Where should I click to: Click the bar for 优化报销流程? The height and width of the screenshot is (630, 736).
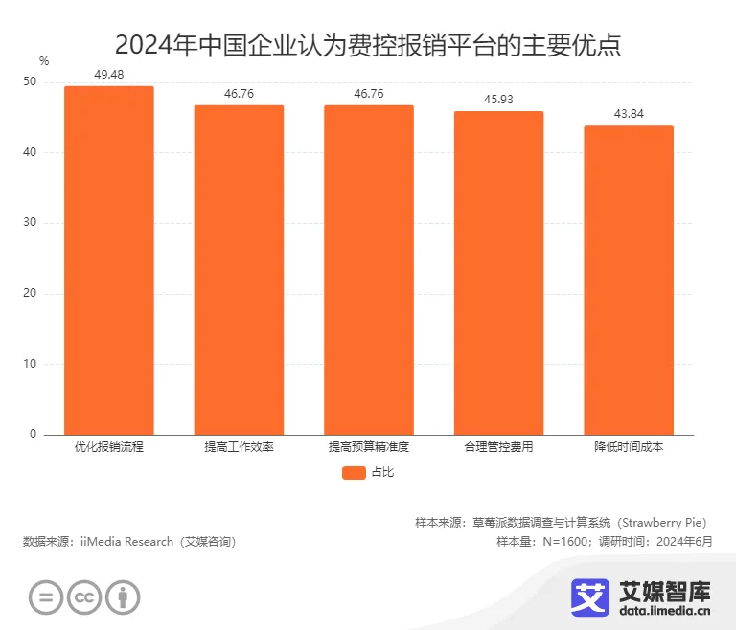coord(108,260)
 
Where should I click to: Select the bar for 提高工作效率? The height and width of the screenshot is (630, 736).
coord(239,270)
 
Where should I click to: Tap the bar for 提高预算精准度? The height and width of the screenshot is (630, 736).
coord(368,270)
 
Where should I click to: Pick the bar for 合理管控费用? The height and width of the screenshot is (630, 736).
coord(498,273)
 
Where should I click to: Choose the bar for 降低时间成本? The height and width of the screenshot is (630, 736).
coord(629,280)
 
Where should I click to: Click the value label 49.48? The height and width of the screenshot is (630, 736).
coord(109,74)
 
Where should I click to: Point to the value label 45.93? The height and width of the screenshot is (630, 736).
coord(498,99)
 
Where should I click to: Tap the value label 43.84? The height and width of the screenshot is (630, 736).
coord(629,113)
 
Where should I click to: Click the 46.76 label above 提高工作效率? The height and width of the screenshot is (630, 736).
coord(239,93)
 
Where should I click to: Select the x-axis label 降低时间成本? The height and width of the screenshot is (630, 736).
coord(629,447)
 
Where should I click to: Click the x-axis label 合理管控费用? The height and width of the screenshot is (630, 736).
coord(498,447)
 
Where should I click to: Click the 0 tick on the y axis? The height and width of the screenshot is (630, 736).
coord(33,435)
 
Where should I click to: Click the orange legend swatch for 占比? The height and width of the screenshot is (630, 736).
coord(354,472)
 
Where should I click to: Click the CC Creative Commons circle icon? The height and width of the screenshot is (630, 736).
coord(84,597)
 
